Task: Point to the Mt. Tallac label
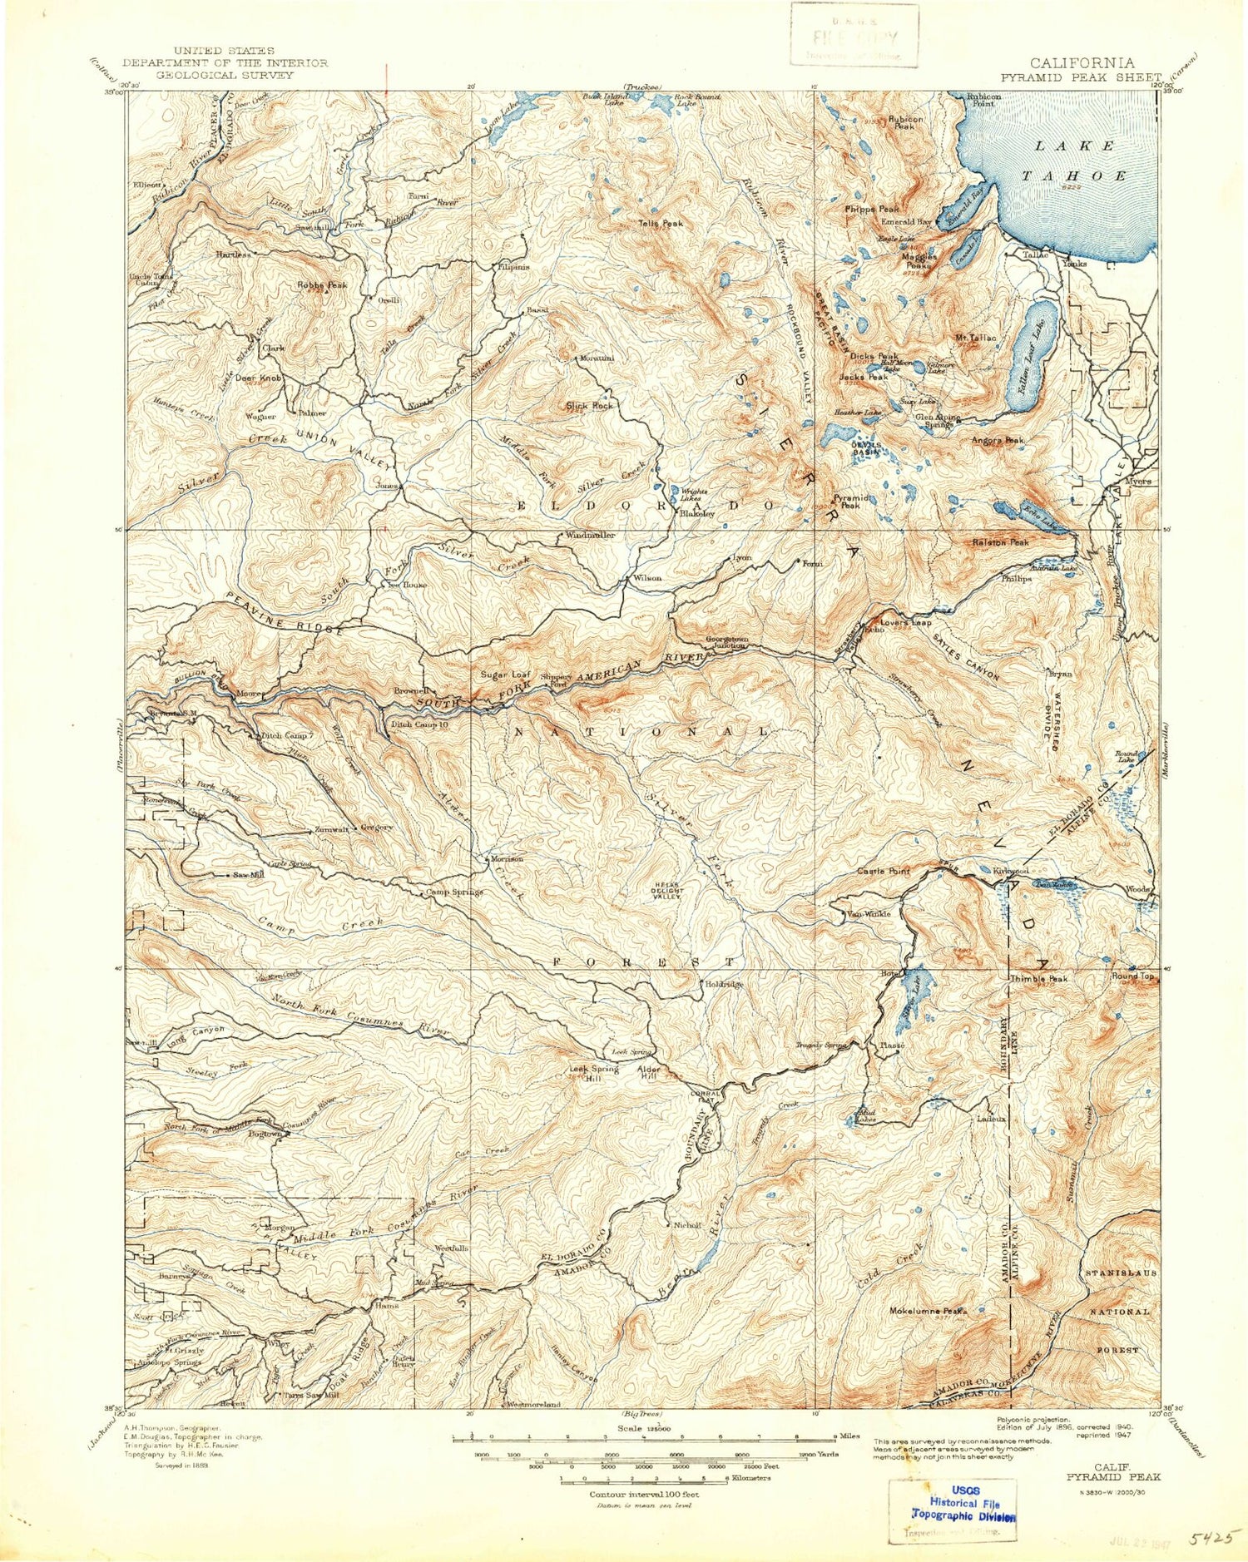975,338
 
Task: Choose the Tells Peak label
661,224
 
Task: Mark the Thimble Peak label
1038,979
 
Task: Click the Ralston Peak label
1000,542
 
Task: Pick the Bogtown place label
262,1134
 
